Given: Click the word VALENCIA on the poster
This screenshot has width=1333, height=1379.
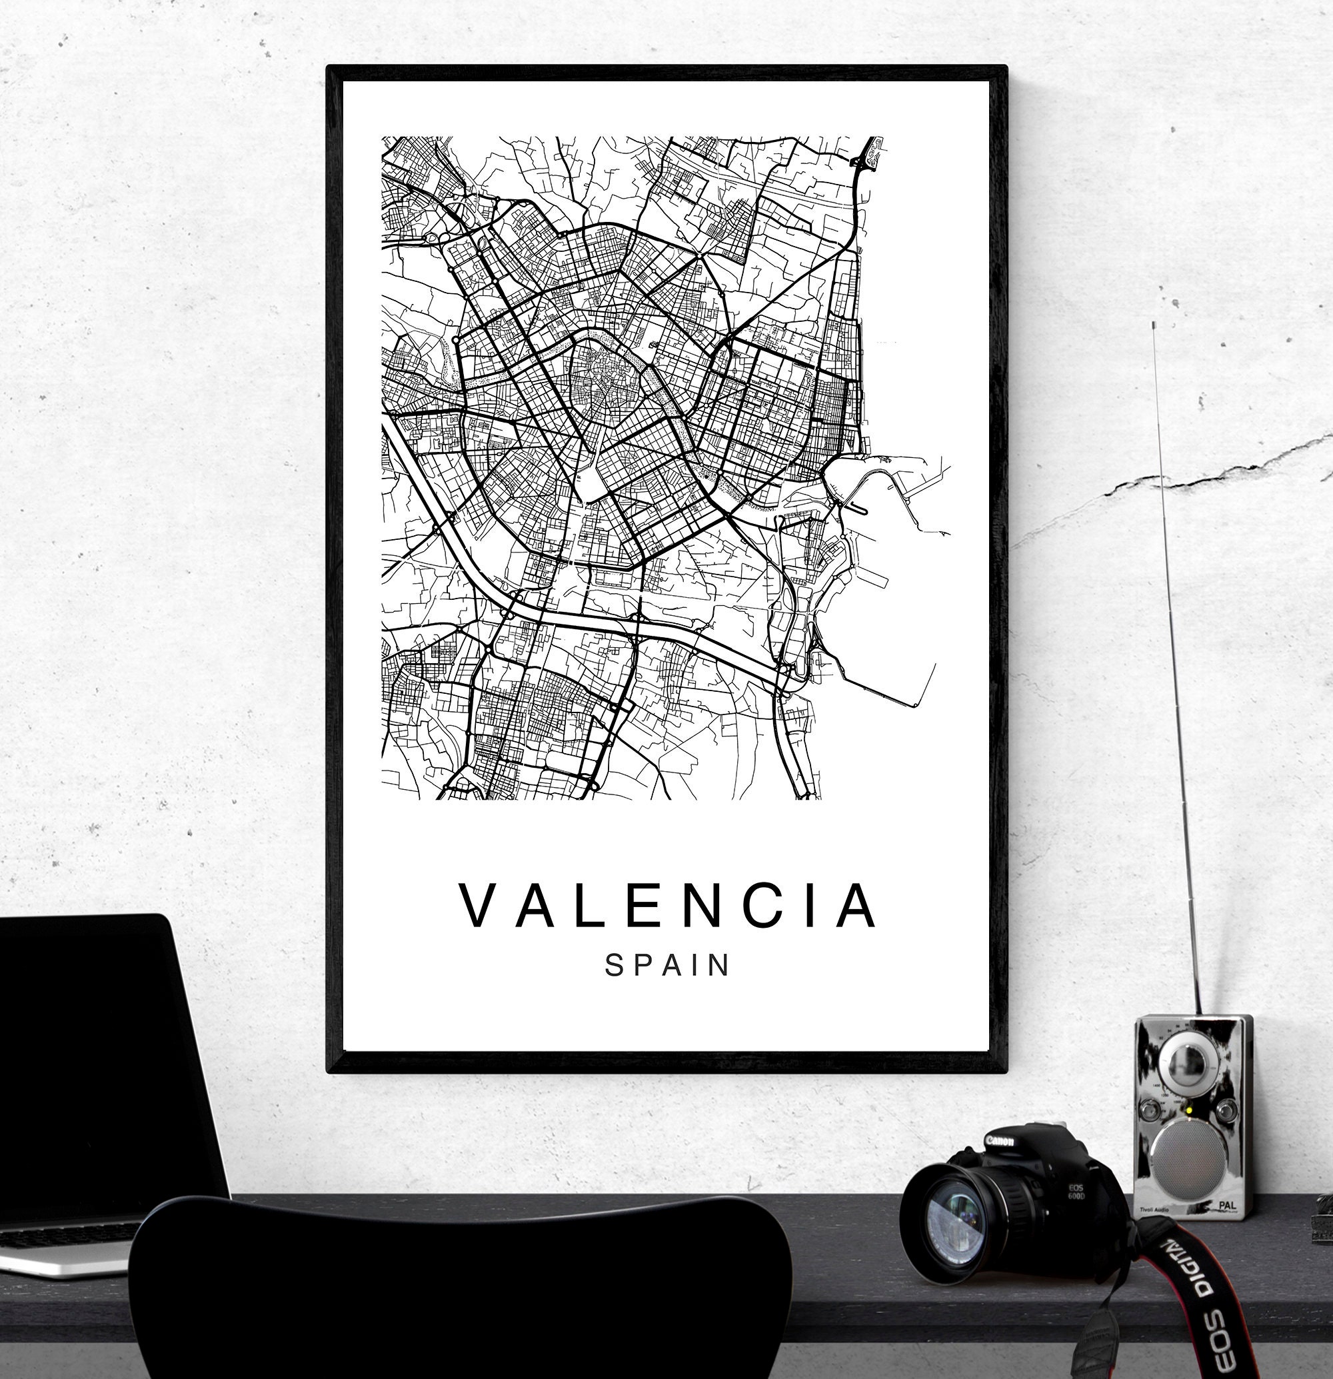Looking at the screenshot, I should (x=668, y=906).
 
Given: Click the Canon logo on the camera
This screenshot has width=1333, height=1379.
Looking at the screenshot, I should (x=999, y=1140).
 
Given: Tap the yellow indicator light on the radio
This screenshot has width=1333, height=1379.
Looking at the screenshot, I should (x=1189, y=1112).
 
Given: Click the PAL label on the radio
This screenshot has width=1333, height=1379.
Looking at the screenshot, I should (x=1227, y=1204).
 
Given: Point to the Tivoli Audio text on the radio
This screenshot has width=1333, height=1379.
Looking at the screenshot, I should (x=1154, y=1210).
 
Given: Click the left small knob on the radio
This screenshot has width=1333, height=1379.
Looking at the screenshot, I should (x=1152, y=1112).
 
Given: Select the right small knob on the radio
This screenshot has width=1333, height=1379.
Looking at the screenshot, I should (x=1226, y=1110).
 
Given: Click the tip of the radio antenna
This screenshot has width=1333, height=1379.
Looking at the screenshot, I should (x=1154, y=325).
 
